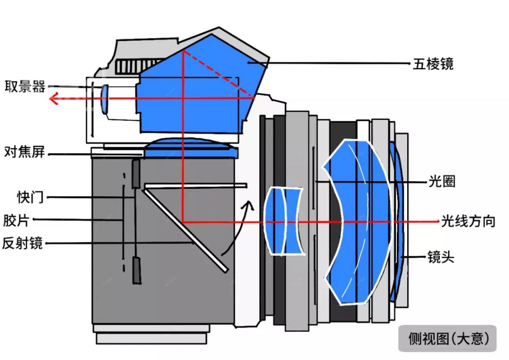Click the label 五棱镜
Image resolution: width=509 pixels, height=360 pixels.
433,64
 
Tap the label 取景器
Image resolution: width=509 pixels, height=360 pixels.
25,86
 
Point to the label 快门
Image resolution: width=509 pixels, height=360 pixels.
30,197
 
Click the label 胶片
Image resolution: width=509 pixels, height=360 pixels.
17,220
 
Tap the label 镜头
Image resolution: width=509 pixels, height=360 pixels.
441,258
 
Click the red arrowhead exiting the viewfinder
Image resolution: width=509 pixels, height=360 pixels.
55,98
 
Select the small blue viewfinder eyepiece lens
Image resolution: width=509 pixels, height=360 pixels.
105,99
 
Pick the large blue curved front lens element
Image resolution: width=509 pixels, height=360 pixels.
358,221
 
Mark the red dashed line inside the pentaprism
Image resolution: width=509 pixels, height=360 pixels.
219,74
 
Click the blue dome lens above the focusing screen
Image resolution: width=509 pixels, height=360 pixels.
190,148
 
